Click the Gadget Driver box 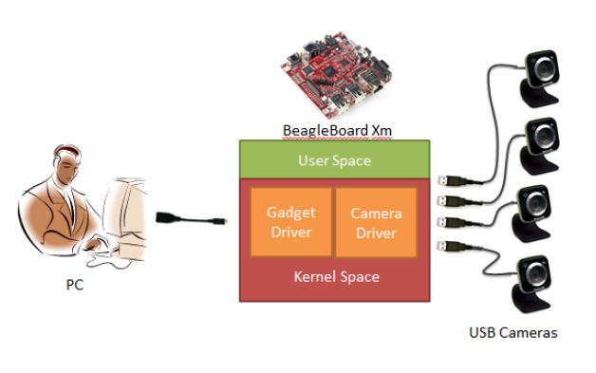click(290, 222)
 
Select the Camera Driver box click(376, 222)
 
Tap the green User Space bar click(334, 159)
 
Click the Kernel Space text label click(336, 276)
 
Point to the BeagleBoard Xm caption click(337, 130)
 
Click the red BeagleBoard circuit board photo click(335, 76)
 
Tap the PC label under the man click(74, 285)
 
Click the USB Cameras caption click(513, 333)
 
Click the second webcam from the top click(539, 145)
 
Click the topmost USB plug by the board click(448, 180)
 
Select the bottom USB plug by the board click(448, 246)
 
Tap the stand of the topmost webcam click(538, 94)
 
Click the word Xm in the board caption click(382, 130)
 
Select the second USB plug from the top click(448, 201)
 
